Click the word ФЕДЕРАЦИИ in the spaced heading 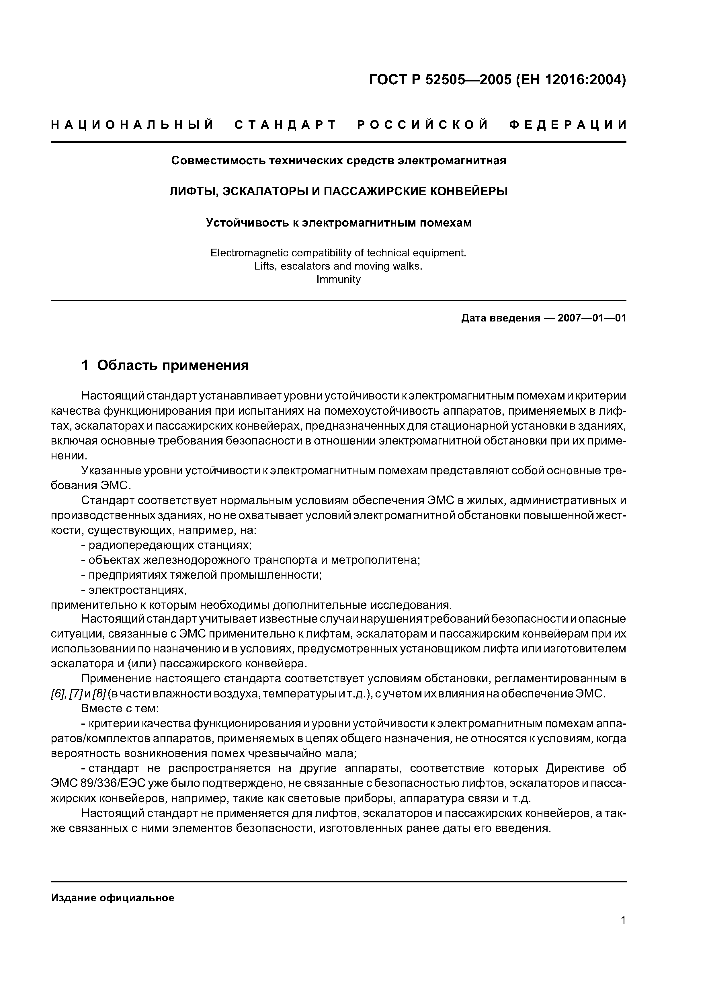point(568,125)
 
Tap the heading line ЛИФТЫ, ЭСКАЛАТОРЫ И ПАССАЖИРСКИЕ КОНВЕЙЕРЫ point(338,192)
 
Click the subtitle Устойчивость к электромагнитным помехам point(338,223)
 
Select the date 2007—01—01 point(592,318)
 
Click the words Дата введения point(500,318)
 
